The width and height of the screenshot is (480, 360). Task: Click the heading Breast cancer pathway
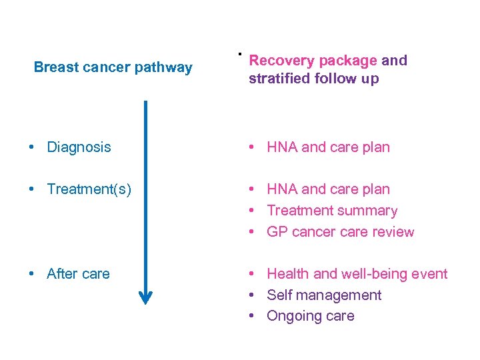click(113, 67)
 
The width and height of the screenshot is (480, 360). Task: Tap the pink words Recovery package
click(313, 61)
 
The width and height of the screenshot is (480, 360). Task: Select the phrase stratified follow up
click(313, 79)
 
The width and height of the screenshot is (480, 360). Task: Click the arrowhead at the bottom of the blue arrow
click(145, 297)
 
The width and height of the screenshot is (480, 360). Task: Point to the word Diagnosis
click(79, 147)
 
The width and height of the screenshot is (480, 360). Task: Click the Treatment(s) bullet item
click(89, 190)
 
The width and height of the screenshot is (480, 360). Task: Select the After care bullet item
click(78, 274)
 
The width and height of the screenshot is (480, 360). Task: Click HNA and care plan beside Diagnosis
click(328, 147)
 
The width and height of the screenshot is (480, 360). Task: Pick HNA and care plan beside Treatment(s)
click(328, 190)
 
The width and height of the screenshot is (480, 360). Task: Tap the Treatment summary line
click(331, 211)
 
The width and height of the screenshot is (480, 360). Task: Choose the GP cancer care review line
click(340, 232)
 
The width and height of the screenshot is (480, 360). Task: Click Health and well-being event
click(357, 274)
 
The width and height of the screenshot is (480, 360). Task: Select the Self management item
click(323, 295)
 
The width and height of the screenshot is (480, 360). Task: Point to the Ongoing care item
click(310, 316)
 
